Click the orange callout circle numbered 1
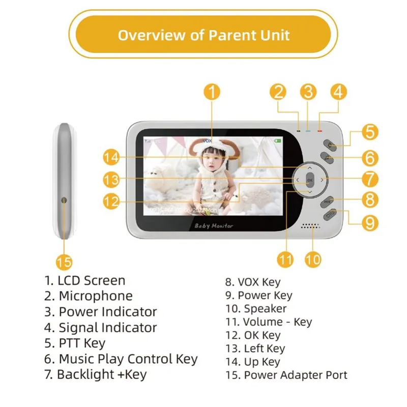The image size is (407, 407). [213, 92]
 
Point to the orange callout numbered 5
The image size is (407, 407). [370, 132]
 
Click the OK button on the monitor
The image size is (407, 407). [310, 180]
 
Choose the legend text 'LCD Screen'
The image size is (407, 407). [92, 280]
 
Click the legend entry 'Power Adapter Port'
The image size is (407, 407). [296, 375]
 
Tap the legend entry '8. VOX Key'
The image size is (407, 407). [253, 282]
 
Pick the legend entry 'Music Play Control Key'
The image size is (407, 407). [128, 359]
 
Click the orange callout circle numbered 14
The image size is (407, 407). [111, 158]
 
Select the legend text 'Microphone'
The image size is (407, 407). [96, 296]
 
